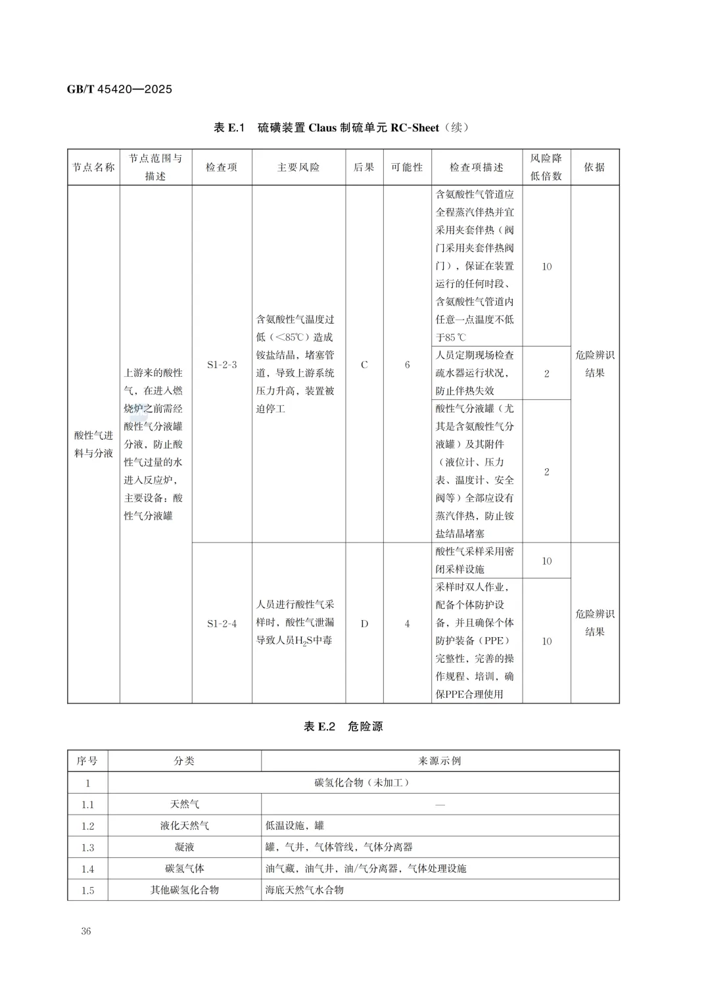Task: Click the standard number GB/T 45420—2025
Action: pos(119,89)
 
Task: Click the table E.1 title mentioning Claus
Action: pos(341,128)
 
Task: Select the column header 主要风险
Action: pos(298,168)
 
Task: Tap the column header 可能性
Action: pos(407,168)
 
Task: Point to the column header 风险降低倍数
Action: pos(546,167)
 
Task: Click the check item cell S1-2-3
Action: pos(222,364)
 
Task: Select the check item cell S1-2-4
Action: pos(222,623)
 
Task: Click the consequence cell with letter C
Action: pos(364,364)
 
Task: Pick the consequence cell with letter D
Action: pos(364,623)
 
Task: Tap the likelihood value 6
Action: pos(407,364)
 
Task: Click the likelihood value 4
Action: pos(407,623)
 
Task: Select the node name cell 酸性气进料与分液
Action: pos(93,444)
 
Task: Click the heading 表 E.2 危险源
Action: pos(343,727)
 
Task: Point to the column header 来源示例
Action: pos(440,761)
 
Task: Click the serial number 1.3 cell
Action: pos(87,848)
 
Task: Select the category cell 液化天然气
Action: pos(184,826)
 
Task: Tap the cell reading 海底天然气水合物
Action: pos(304,890)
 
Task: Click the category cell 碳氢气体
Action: pos(184,869)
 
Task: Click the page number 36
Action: pos(86,931)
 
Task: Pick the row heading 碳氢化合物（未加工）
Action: pos(362,782)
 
